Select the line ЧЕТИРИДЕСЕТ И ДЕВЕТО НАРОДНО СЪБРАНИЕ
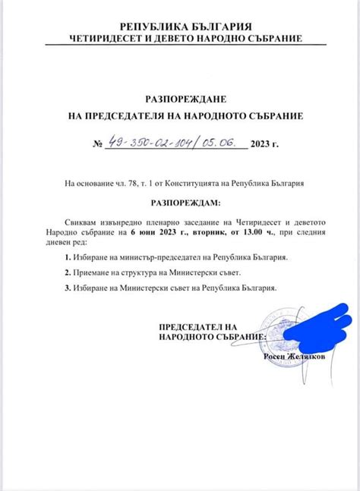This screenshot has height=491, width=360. click(x=180, y=38)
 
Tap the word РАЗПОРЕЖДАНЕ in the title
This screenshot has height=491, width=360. click(x=180, y=99)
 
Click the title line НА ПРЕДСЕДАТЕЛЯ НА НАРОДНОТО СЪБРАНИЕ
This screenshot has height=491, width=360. click(x=180, y=116)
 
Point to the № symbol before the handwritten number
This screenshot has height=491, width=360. click(x=97, y=143)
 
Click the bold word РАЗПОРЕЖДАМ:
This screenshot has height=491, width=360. click(x=180, y=203)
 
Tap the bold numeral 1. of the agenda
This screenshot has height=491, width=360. click(x=68, y=259)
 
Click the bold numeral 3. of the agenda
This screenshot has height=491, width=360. click(x=68, y=288)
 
